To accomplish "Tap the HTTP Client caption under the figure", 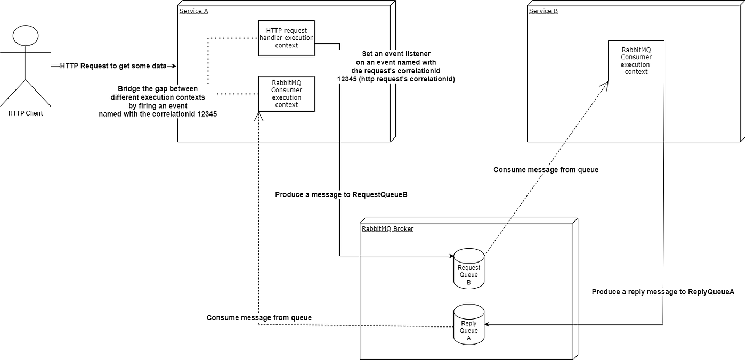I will click(26, 113).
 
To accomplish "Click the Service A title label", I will click(193, 11).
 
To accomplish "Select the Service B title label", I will click(543, 11).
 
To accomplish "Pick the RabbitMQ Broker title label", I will click(387, 229).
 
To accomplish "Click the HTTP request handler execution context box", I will click(286, 38).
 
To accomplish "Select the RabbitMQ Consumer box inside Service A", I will click(286, 94).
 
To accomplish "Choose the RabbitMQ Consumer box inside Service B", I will click(636, 61).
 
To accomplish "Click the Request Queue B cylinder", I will click(468, 268).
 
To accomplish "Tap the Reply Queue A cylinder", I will click(468, 324).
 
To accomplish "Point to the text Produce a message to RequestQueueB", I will click(341, 195).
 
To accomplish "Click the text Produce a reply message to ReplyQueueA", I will click(663, 292).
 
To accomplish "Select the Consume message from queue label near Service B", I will click(546, 170).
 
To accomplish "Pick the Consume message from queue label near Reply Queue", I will click(259, 318).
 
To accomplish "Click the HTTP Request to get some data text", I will click(113, 66).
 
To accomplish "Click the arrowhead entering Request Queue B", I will click(451, 256).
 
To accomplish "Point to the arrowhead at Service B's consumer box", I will click(605, 85).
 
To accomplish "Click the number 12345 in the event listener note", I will click(347, 79).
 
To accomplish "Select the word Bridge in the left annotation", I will click(129, 89).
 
